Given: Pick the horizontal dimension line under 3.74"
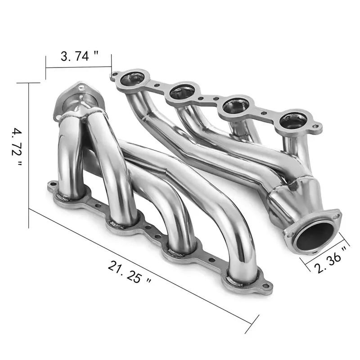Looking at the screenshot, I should pyautogui.click(x=78, y=67).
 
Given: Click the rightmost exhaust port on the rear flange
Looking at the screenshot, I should pyautogui.click(x=293, y=120).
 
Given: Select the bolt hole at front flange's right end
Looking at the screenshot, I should pyautogui.click(x=267, y=285).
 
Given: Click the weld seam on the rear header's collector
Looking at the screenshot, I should pyautogui.click(x=292, y=182).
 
